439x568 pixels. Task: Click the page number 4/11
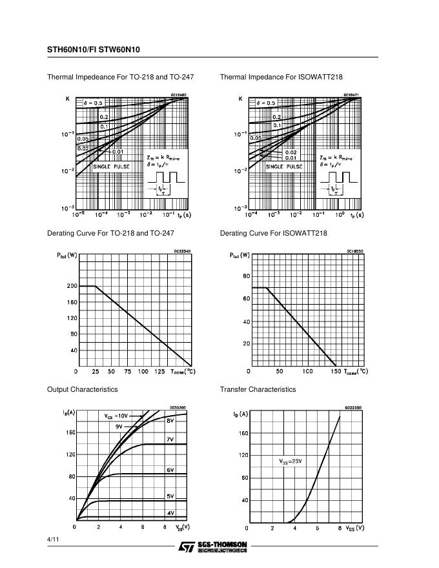(52, 538)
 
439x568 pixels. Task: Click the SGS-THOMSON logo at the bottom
(213, 547)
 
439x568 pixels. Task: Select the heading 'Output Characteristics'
(82, 389)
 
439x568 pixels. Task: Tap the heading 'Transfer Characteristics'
(258, 389)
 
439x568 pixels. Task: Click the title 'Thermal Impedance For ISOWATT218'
(281, 77)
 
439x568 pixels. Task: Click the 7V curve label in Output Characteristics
(171, 439)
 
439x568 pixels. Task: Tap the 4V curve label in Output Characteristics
(171, 513)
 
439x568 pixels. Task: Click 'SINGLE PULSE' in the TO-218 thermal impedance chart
(111, 167)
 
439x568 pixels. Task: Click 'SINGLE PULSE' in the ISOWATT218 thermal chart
(284, 167)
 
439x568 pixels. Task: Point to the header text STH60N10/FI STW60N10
(93, 49)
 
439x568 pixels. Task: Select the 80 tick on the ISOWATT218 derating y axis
(246, 276)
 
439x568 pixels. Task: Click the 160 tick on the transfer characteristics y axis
(243, 433)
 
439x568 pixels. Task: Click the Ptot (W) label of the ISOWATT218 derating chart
(240, 255)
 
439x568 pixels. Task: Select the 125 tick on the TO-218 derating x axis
(160, 372)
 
